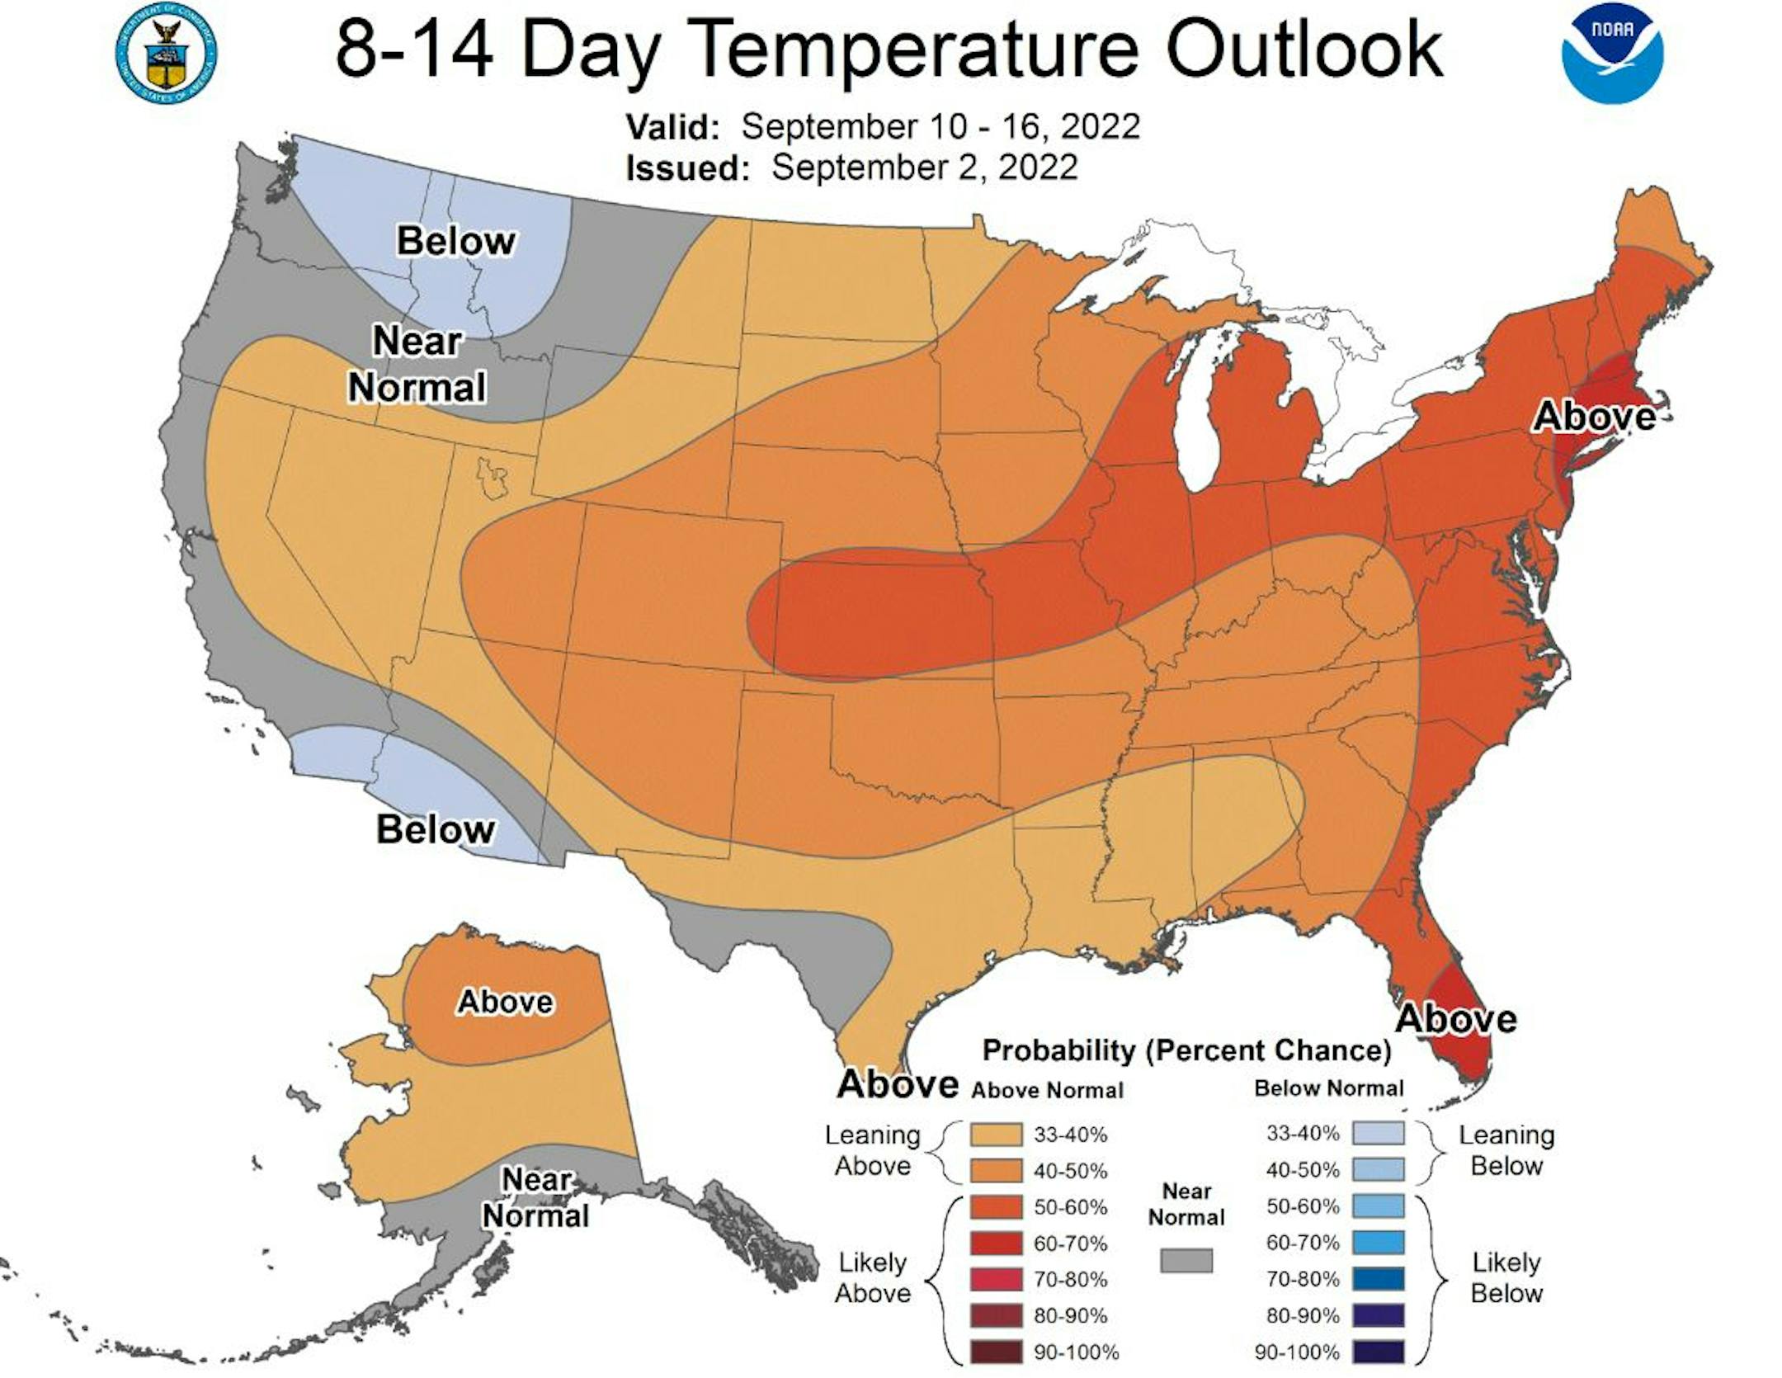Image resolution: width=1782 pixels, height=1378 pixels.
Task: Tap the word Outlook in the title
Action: [x=1304, y=50]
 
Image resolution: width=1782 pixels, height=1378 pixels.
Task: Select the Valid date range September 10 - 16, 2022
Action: [x=940, y=127]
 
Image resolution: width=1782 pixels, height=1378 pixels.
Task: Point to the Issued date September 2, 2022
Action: [x=924, y=168]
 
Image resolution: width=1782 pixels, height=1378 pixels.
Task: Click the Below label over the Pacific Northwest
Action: [x=456, y=241]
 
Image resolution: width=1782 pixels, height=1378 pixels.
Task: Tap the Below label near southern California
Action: [x=436, y=829]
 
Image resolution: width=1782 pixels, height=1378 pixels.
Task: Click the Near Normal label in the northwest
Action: [x=417, y=364]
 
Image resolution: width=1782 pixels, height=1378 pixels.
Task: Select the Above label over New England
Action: [x=1594, y=416]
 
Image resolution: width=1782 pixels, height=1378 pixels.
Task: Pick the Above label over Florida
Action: [x=1455, y=1019]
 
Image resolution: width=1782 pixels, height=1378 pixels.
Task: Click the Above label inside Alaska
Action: [x=505, y=1002]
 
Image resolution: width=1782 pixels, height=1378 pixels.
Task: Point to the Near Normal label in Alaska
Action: [x=536, y=1197]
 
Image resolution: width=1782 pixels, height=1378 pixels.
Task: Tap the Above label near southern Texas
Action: [x=898, y=1083]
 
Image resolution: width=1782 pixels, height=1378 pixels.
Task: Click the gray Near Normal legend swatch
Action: [x=1186, y=1260]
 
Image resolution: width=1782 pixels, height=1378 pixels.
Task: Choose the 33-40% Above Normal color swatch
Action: [x=997, y=1135]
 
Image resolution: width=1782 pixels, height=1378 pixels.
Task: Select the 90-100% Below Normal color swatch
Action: [x=1378, y=1352]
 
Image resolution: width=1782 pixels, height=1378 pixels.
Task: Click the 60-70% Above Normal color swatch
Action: [x=997, y=1244]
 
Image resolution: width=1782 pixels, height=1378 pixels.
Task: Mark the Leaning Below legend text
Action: [x=1506, y=1150]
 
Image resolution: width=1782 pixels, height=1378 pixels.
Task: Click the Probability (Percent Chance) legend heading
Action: [x=1186, y=1050]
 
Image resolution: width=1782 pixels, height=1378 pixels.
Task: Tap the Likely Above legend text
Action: [x=872, y=1277]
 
